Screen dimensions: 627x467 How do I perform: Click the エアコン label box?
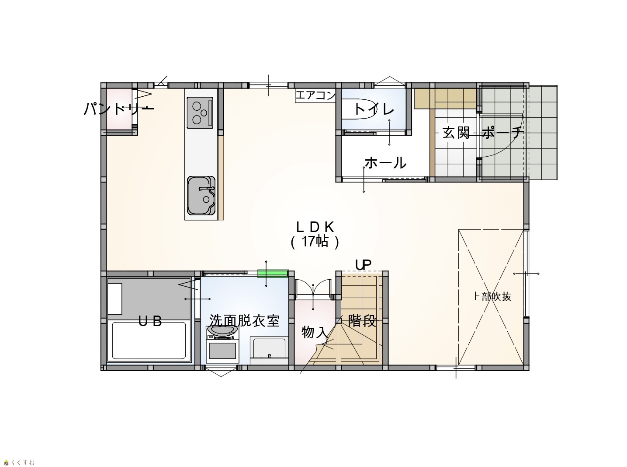(315, 95)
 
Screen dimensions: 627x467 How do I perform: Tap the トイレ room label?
(374, 109)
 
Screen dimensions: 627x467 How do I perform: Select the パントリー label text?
(119, 109)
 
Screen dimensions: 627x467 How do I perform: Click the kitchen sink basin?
(201, 195)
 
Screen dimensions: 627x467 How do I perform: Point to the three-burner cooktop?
(200, 112)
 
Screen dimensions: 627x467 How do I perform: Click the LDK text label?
(315, 227)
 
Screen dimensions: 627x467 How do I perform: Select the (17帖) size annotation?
(315, 242)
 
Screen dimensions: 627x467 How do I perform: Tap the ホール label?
(385, 163)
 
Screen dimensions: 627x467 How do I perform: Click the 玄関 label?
(456, 133)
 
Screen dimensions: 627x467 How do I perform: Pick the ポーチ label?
(502, 133)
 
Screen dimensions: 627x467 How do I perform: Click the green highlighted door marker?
(273, 273)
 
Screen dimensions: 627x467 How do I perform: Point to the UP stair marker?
(363, 265)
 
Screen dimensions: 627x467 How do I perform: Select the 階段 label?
(362, 321)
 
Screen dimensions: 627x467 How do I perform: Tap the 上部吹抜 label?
(491, 296)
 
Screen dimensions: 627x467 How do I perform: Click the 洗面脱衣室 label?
(244, 321)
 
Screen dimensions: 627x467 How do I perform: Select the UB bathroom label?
(150, 321)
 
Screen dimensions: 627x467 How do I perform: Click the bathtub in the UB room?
(149, 341)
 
